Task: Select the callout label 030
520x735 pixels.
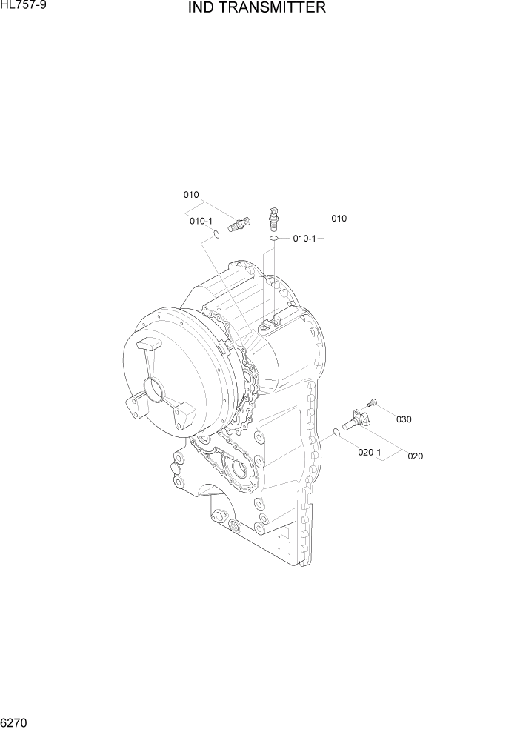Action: pos(404,419)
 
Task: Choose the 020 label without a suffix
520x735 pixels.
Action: pos(415,456)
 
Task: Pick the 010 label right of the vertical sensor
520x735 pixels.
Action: pos(339,219)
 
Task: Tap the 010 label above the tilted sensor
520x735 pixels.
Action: pos(191,195)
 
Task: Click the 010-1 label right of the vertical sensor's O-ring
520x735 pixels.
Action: pos(304,239)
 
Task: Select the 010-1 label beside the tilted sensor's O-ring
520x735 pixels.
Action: pos(201,221)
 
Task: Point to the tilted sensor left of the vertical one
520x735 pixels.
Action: pos(239,222)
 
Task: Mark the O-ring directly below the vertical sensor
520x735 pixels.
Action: pos(273,239)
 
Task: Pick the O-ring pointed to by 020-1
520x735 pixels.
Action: pos(336,432)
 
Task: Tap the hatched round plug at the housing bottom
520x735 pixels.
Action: pos(235,528)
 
